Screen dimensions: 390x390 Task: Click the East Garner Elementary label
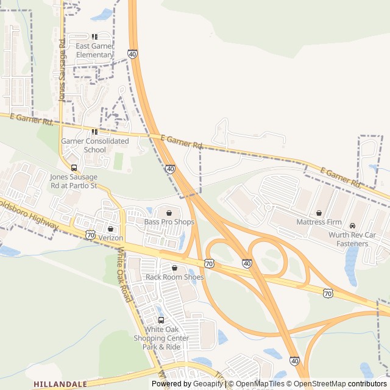click(95, 51)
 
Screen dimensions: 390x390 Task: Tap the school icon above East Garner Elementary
click(95, 37)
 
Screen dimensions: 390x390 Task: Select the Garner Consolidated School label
click(95, 145)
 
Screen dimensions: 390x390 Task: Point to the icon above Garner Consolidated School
click(94, 132)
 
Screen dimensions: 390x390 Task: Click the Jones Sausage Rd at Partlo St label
click(74, 181)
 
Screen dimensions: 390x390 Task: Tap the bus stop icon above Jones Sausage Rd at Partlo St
click(74, 168)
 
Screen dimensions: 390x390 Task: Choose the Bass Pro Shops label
click(169, 222)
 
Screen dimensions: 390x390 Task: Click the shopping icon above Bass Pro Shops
click(169, 213)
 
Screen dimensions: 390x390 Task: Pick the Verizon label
click(111, 237)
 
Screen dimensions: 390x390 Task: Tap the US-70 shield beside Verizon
click(90, 235)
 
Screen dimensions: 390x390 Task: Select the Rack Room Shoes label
click(175, 277)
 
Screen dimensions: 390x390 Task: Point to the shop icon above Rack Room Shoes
click(175, 268)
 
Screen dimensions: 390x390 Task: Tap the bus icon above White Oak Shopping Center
click(161, 321)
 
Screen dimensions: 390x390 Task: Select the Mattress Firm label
click(320, 222)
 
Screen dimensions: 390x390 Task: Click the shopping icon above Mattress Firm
click(319, 213)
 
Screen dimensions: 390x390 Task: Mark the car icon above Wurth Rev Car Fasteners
click(352, 226)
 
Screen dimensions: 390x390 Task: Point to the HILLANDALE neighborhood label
click(60, 385)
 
